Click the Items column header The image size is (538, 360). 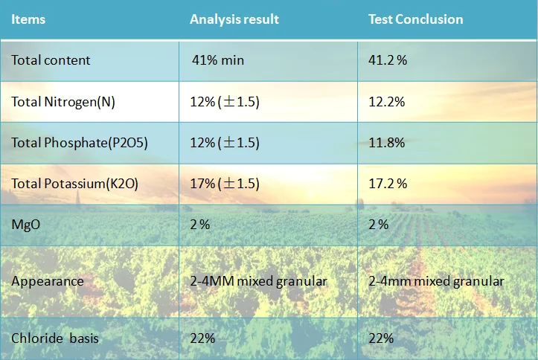coord(28,19)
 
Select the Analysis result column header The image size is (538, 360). coord(234,19)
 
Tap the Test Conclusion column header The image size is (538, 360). coord(415,19)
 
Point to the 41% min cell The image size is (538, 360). coord(218,60)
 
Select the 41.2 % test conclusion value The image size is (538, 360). coord(388,60)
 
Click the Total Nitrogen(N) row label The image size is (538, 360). coord(63,102)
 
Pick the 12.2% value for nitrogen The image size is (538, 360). coord(386,102)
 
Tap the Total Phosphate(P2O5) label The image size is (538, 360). coord(80,143)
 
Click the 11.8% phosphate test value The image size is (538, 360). coord(386,143)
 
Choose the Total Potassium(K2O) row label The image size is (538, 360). coord(74,184)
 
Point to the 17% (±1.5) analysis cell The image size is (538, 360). coord(224,184)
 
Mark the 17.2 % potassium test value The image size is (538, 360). coord(388,184)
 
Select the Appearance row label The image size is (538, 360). coord(48,281)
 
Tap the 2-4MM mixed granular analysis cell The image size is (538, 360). coord(258,281)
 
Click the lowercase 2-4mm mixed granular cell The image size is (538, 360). coord(436,281)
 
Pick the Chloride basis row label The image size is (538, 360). coord(55,338)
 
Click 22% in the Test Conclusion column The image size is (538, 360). coord(381,338)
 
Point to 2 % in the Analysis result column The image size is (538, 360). coord(200,225)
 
